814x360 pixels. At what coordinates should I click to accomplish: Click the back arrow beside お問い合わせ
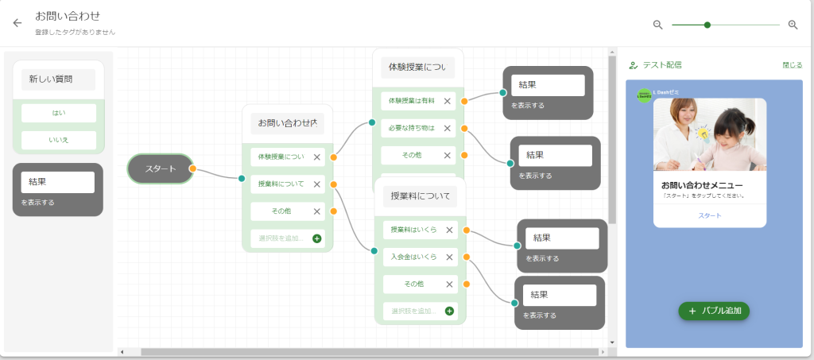click(17, 23)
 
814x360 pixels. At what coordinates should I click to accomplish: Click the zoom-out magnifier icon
click(657, 25)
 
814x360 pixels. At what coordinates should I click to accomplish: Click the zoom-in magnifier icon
click(793, 25)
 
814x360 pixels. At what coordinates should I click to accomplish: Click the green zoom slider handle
click(707, 25)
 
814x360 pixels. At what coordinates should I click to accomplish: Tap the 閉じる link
click(792, 65)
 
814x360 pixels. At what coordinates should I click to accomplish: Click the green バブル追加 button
click(714, 311)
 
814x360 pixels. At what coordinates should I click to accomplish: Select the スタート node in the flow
click(160, 168)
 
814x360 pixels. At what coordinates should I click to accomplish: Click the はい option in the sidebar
click(59, 113)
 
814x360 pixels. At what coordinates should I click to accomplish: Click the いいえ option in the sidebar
click(59, 141)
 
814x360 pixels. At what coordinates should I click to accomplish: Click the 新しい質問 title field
click(58, 79)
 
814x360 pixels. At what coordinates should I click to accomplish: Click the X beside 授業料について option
click(317, 184)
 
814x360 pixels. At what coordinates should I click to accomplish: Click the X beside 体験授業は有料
click(448, 101)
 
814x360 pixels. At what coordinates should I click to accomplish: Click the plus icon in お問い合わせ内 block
click(316, 238)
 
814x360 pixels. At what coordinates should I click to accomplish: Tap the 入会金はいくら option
click(413, 257)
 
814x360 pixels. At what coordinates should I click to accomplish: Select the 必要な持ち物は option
click(412, 128)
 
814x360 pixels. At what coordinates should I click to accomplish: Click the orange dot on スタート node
click(192, 168)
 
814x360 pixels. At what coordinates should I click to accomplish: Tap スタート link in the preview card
click(710, 215)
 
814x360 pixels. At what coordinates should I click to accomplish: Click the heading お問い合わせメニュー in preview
click(702, 184)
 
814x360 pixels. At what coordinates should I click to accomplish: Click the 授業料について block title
click(420, 195)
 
